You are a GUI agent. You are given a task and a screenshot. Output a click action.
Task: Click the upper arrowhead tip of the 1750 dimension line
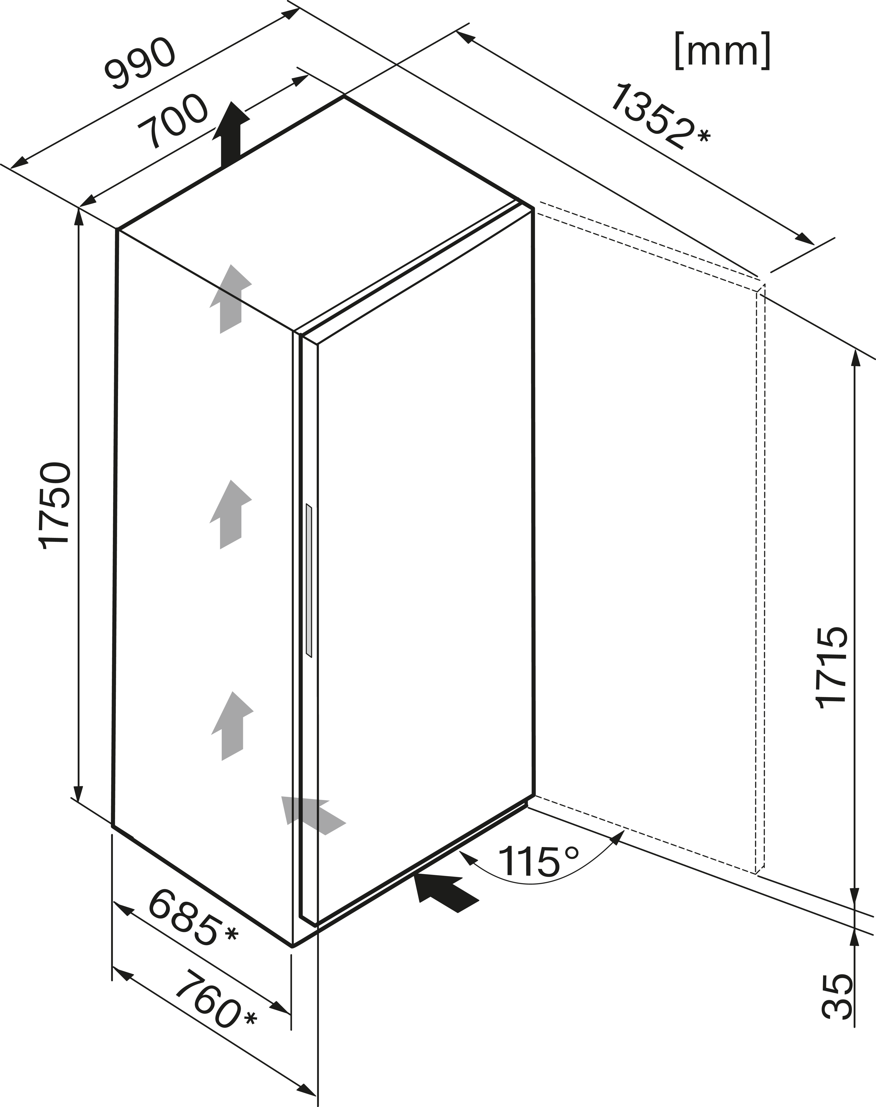click(78, 209)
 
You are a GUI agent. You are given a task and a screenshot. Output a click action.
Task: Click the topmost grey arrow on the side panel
click(230, 299)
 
